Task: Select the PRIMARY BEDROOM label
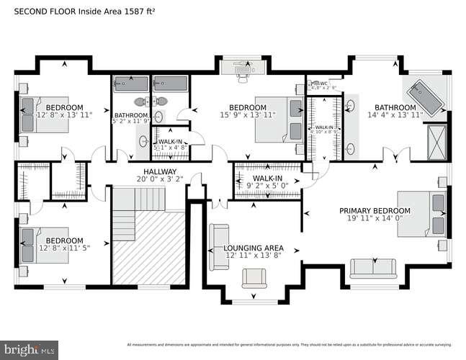coord(375,211)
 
